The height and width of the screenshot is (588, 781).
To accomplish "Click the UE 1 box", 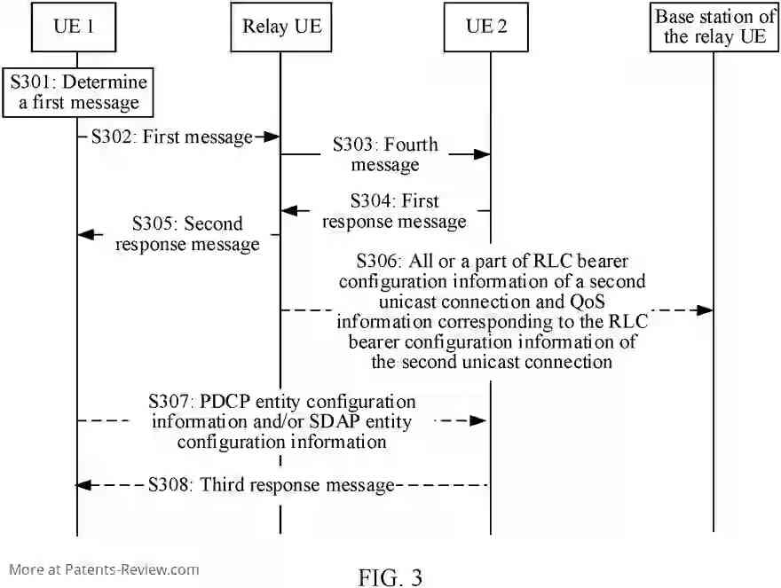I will pos(76,27).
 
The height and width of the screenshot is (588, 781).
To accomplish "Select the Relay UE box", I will pos(281,27).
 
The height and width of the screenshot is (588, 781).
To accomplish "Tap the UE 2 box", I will pos(486,27).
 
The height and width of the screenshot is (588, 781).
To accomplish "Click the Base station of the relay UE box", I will pos(714,27).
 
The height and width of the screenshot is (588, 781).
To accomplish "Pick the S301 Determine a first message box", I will pos(79,93).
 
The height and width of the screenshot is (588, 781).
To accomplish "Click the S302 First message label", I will pos(172,137).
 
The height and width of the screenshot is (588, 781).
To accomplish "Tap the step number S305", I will pos(154,224).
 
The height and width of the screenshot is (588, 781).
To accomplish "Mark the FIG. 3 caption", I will pos(390,577).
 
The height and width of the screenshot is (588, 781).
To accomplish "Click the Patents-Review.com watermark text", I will pos(104,569).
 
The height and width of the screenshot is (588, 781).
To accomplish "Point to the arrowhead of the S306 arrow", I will pos(706,310).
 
